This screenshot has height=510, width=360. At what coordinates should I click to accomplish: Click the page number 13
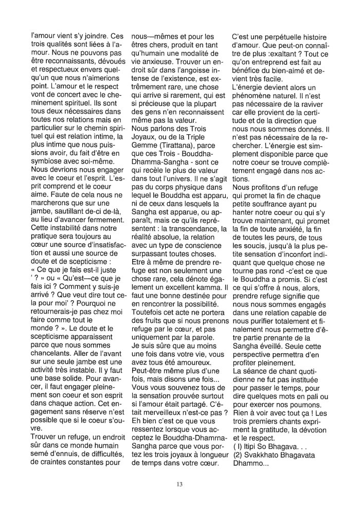[179, 483]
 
